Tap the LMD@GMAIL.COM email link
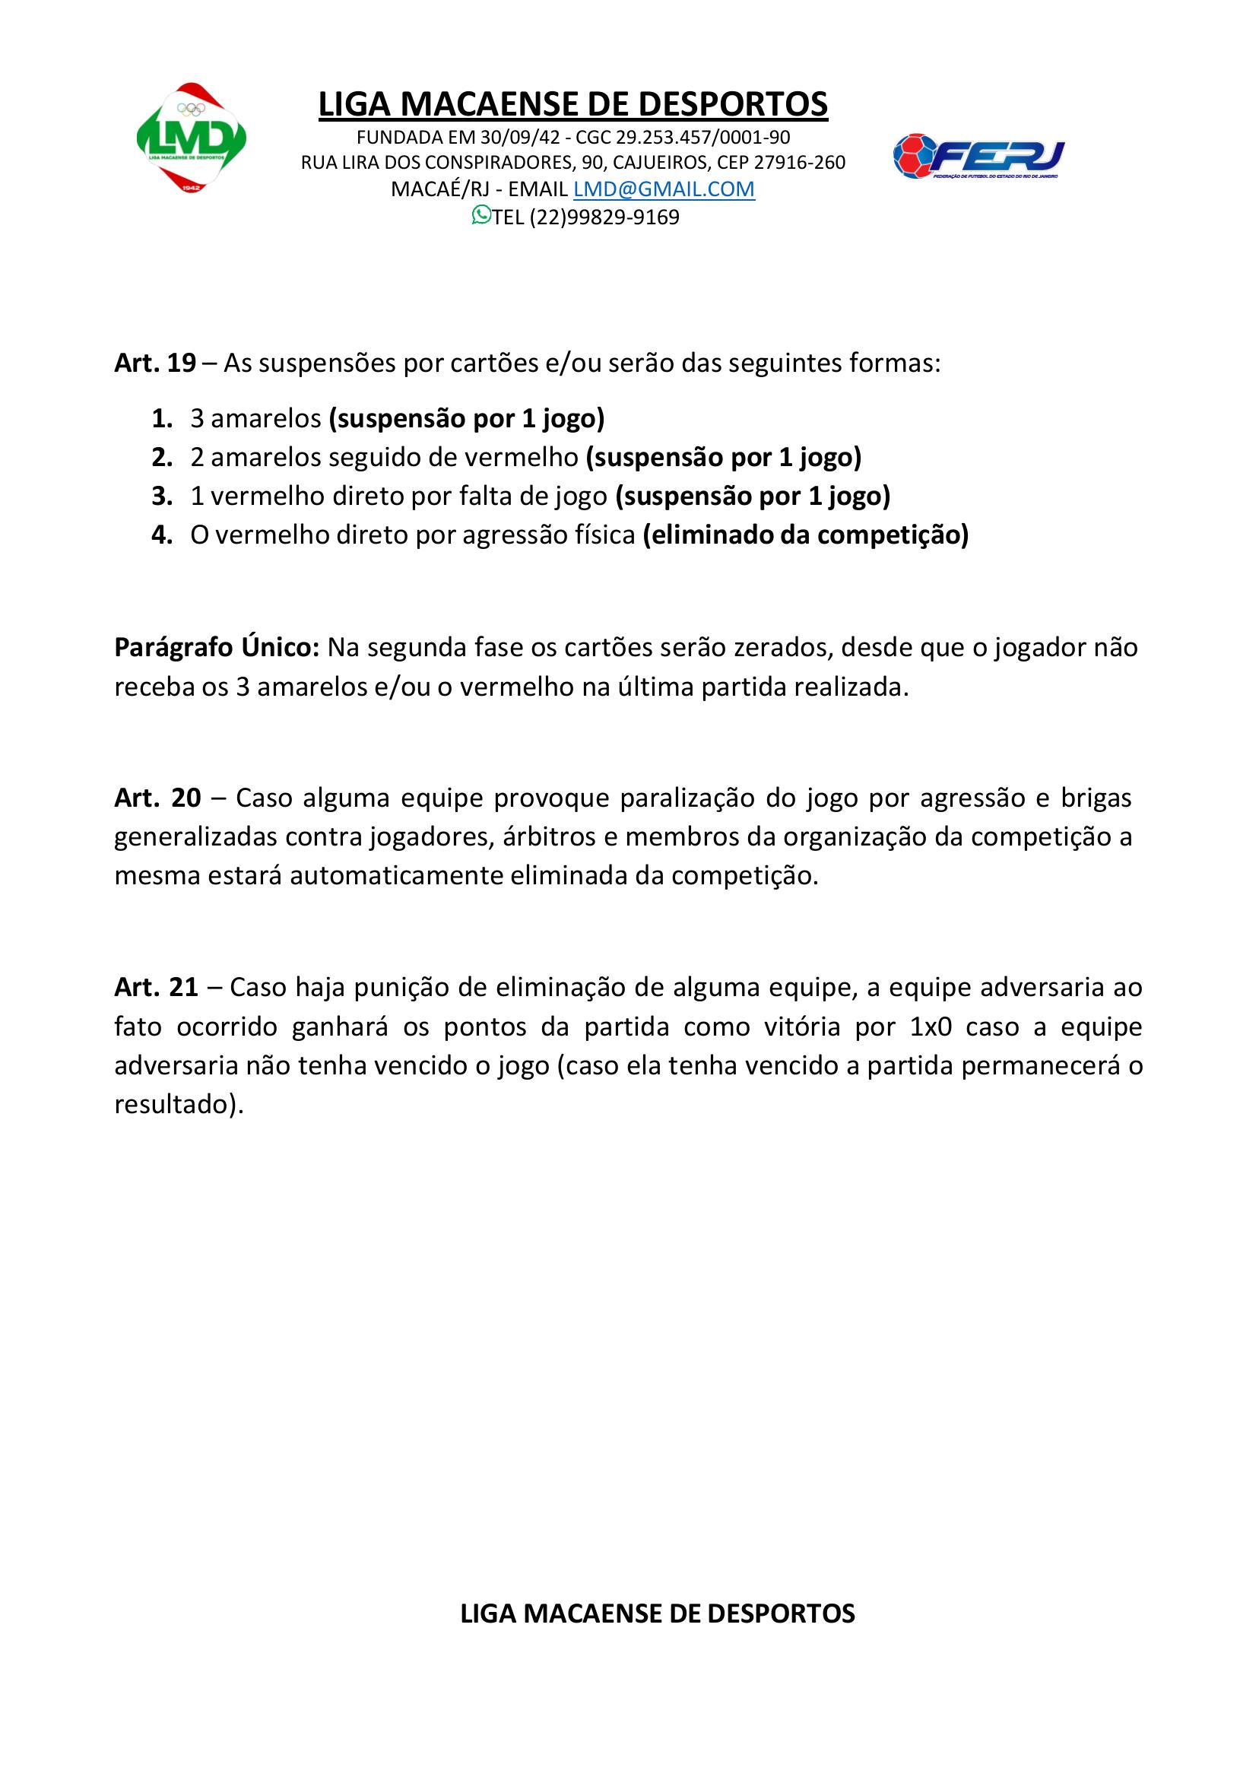[664, 189]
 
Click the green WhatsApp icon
[480, 215]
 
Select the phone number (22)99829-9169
[604, 218]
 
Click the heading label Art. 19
[155, 363]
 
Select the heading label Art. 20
[157, 798]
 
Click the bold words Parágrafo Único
[216, 647]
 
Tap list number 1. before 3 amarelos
[162, 419]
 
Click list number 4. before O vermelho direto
[162, 535]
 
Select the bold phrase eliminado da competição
[805, 535]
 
